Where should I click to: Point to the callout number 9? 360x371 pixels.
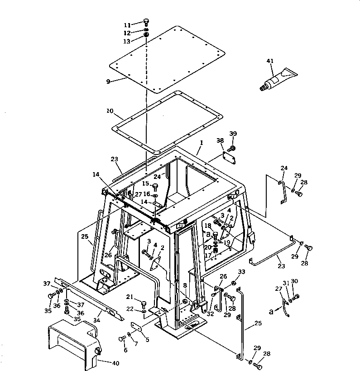pos(108,82)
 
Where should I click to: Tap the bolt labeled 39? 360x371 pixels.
pos(232,148)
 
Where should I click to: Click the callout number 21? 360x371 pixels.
pos(130,297)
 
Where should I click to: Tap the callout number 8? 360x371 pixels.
pos(184,286)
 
